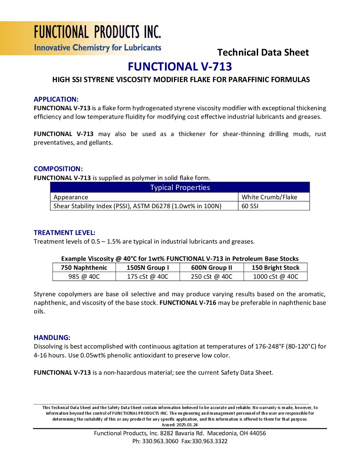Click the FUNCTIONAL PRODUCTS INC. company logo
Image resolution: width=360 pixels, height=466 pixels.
[97, 38]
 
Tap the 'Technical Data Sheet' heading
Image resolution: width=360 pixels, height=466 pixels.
[263, 52]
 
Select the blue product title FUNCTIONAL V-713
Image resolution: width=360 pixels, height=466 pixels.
[180, 67]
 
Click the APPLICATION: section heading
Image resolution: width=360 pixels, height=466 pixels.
[56, 99]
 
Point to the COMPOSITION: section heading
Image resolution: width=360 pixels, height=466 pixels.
[58, 169]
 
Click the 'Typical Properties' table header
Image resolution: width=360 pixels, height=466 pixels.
[180, 188]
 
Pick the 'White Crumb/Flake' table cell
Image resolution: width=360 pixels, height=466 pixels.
[269, 197]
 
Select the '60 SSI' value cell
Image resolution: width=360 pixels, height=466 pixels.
[250, 206]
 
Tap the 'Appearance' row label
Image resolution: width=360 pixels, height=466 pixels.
[71, 197]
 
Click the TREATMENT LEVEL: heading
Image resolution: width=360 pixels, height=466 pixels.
[65, 233]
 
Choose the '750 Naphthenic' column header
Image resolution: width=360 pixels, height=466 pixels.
[84, 267]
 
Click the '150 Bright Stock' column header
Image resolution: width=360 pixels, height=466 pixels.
[275, 267]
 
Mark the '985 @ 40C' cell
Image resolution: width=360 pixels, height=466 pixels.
[84, 276]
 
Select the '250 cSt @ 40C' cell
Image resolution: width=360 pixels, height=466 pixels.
[211, 276]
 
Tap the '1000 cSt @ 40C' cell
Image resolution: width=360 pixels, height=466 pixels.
[275, 276]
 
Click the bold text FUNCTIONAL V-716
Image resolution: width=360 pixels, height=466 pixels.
[188, 303]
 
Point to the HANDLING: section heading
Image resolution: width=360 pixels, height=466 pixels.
[52, 338]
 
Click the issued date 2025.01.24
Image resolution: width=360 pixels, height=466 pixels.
[187, 425]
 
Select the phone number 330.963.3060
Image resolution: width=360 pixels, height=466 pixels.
[160, 441]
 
